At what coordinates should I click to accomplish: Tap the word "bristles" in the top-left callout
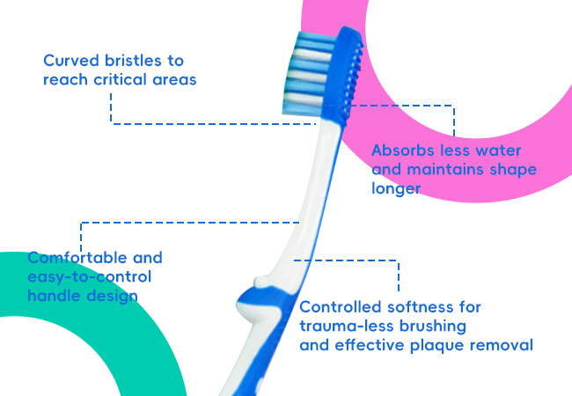133,61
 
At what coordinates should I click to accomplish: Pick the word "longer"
396,188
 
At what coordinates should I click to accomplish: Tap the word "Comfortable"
77,258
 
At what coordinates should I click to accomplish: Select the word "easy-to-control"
90,277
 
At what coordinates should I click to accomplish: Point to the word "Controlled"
341,307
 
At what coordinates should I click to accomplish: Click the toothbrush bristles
309,73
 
